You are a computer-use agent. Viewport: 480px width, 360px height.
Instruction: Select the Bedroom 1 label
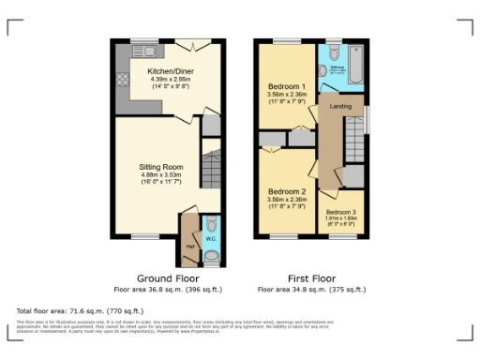click(x=285, y=85)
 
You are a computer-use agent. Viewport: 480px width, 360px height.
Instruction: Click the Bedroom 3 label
click(x=341, y=212)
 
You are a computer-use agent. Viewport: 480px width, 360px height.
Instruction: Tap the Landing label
click(x=340, y=107)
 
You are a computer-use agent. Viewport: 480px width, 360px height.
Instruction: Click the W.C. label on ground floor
click(x=210, y=239)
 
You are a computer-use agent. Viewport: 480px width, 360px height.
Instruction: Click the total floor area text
click(x=80, y=309)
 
